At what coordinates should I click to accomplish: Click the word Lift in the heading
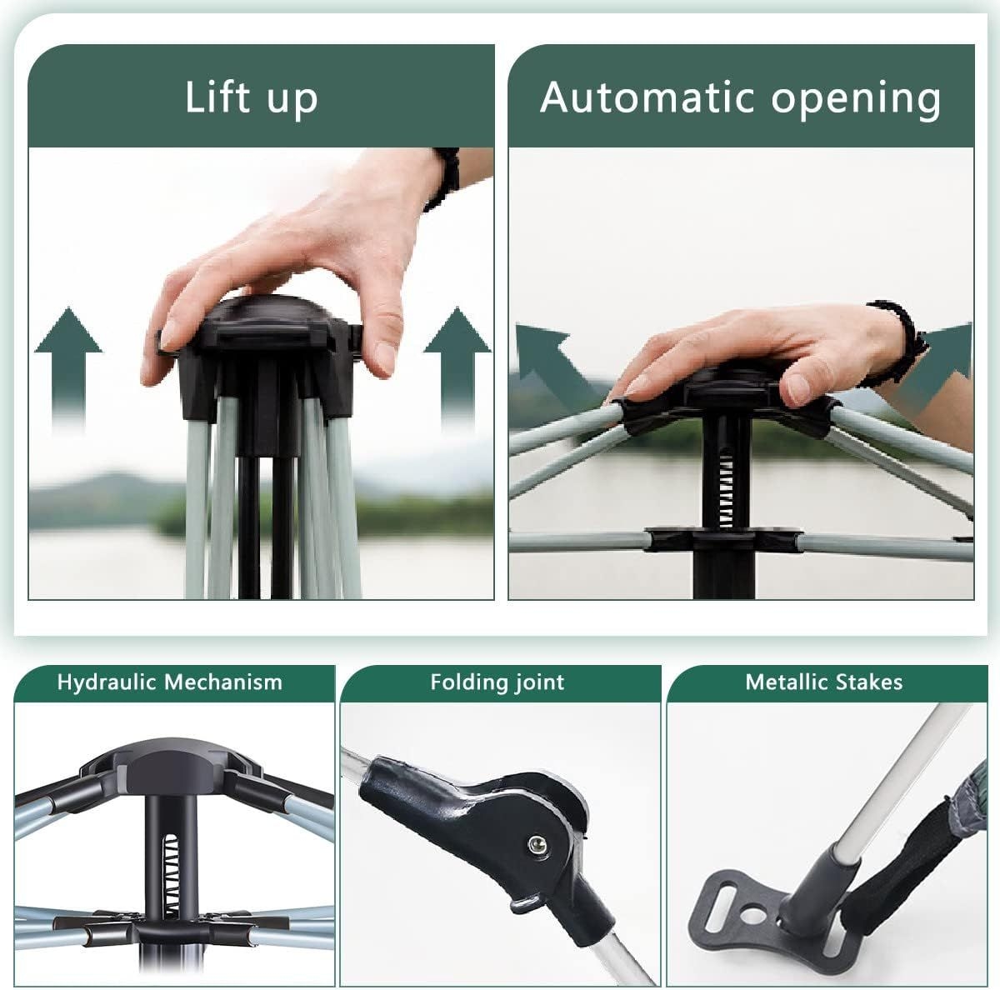[217, 97]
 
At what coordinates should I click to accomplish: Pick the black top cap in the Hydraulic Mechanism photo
[172, 768]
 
